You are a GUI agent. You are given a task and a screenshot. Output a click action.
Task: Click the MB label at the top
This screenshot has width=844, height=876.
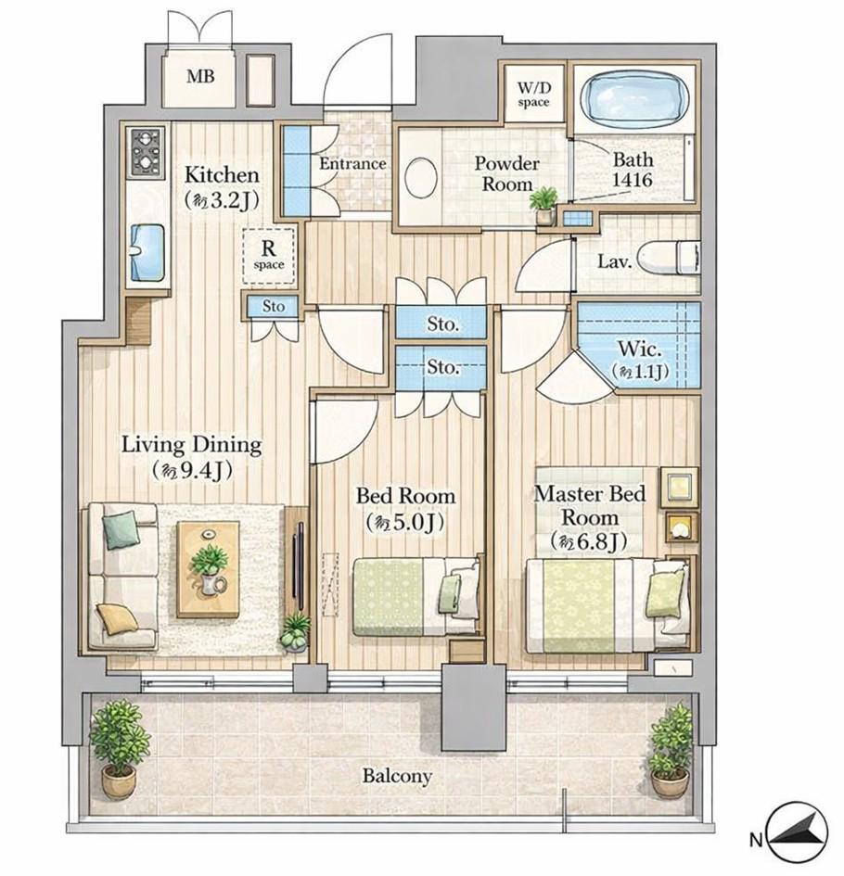click(200, 76)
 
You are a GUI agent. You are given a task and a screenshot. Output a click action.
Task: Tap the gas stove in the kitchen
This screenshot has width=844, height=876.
click(147, 153)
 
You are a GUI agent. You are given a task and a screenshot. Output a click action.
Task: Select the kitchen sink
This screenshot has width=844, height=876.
click(147, 252)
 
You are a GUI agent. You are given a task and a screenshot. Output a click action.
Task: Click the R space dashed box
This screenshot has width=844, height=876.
click(269, 257)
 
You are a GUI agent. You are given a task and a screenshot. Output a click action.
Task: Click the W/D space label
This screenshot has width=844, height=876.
click(533, 95)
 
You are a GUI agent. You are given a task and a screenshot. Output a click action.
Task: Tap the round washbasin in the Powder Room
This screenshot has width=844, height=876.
click(420, 178)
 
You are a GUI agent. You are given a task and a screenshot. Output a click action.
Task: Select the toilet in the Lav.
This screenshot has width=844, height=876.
click(669, 260)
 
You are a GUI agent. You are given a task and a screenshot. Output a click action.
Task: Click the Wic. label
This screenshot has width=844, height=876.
click(640, 349)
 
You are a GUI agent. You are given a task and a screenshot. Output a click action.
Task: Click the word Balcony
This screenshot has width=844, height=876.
click(397, 777)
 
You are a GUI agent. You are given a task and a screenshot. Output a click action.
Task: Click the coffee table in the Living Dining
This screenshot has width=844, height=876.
click(208, 569)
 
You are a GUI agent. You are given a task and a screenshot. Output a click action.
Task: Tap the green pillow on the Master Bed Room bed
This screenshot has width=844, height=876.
click(665, 594)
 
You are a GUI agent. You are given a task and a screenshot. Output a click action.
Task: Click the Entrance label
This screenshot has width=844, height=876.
click(352, 164)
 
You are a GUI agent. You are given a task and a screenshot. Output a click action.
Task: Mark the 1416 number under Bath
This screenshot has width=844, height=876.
click(633, 180)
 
